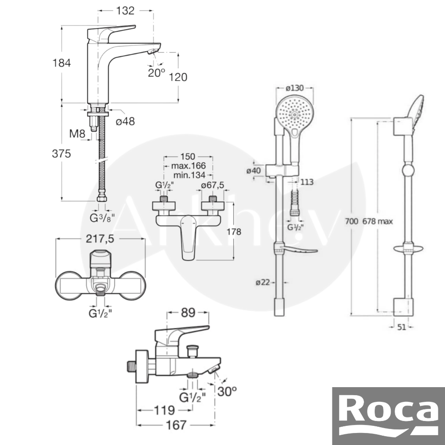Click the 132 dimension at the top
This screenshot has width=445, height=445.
[125, 11]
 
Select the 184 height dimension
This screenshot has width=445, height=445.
[61, 63]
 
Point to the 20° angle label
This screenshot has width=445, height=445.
[156, 73]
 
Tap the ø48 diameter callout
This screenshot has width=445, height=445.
[125, 121]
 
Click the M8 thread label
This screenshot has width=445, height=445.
[77, 133]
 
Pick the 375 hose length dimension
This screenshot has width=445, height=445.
[61, 154]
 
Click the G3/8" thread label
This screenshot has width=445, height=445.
[102, 218]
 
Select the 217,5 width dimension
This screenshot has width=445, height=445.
[100, 239]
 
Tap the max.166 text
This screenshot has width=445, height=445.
[188, 166]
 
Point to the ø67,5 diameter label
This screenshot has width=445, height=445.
[213, 185]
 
